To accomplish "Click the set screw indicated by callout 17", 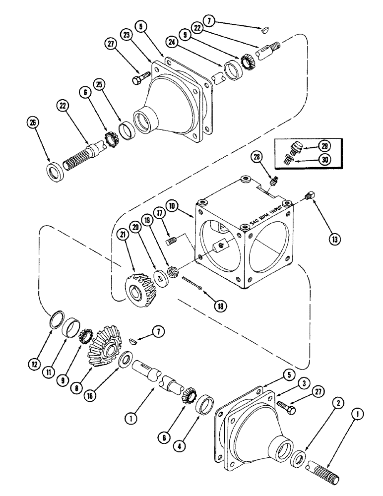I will pos(170,242).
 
